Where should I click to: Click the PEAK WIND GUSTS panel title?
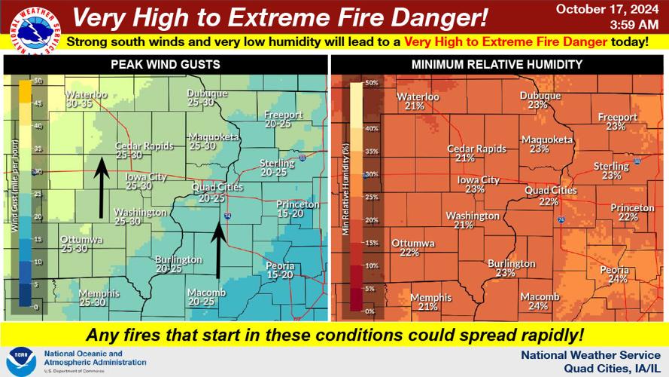165,65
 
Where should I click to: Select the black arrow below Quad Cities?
218,251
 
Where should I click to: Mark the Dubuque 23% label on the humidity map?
540,100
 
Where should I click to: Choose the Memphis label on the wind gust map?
99,297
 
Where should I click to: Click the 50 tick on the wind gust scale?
36,80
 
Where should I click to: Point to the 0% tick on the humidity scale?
370,311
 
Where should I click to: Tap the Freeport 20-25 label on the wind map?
283,118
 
